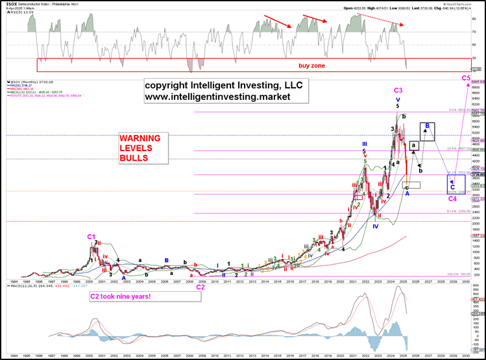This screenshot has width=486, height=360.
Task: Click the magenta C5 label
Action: pos(466,78)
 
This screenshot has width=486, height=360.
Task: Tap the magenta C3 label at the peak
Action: pos(398,90)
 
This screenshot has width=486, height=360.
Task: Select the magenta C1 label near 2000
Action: pos(91,237)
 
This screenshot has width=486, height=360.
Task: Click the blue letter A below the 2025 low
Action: pos(407,193)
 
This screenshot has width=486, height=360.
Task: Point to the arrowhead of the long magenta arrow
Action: pos(465,85)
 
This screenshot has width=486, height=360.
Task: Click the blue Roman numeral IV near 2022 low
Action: pos(375,226)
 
